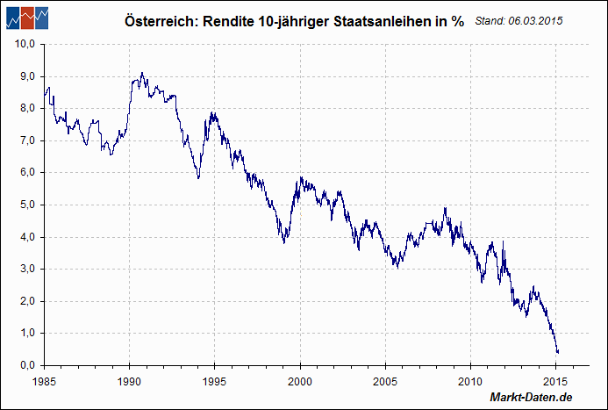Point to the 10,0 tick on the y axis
(x=24, y=44)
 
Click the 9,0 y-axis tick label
(x=25, y=76)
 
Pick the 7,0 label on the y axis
(x=25, y=140)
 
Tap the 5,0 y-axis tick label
(x=25, y=205)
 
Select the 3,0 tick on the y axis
(x=25, y=269)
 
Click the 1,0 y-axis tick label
(x=25, y=333)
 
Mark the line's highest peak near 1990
(x=142, y=73)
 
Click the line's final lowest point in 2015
(x=557, y=353)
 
